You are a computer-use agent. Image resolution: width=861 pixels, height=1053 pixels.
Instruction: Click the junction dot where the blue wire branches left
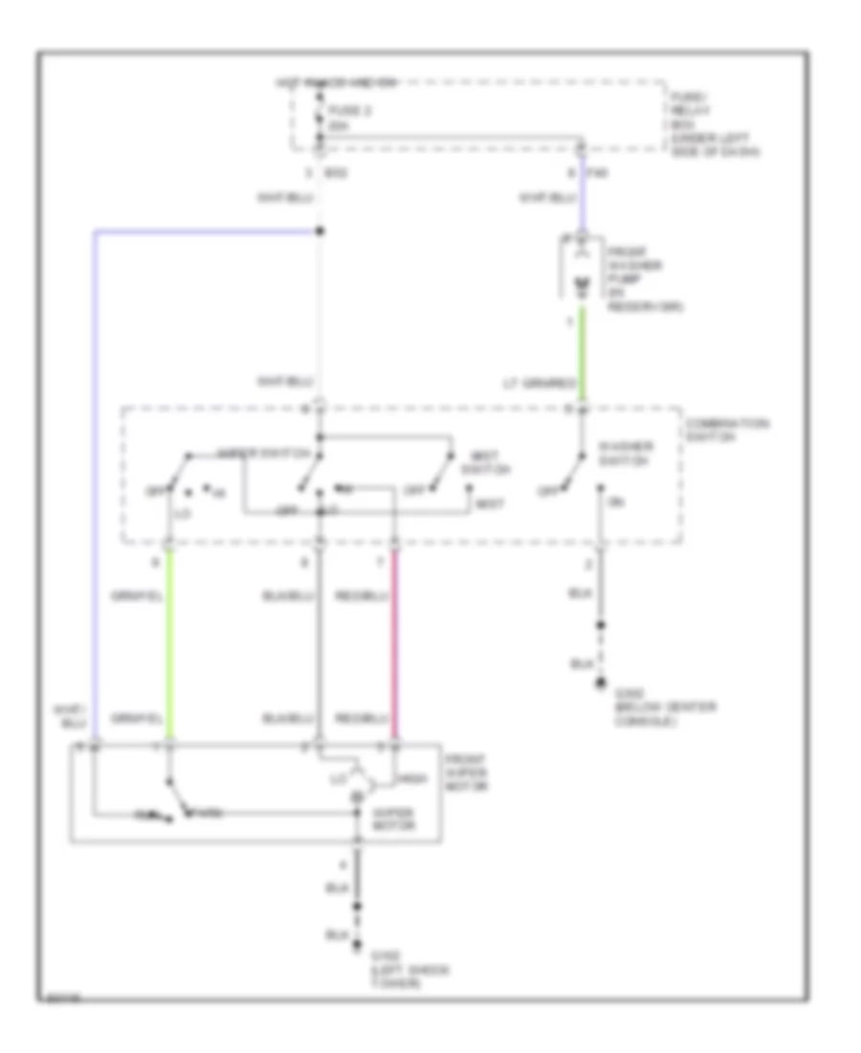tap(320, 231)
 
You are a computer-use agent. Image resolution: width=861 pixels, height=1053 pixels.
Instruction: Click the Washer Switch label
tap(628, 453)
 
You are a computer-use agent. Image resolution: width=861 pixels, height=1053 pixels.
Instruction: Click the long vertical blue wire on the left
tap(95, 479)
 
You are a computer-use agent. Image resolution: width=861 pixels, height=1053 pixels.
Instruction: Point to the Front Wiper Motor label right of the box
tap(470, 772)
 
